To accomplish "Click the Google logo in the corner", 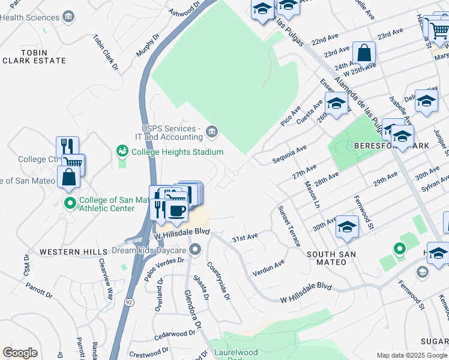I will tap(20, 353).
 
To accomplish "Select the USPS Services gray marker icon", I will tap(211, 131).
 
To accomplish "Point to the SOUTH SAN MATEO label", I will tap(331, 254).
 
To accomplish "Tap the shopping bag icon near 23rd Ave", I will tap(364, 53).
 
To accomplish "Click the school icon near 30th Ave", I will tap(347, 227).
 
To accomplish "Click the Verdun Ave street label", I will tap(271, 265).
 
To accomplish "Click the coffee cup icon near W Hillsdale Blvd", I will tap(175, 209).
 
